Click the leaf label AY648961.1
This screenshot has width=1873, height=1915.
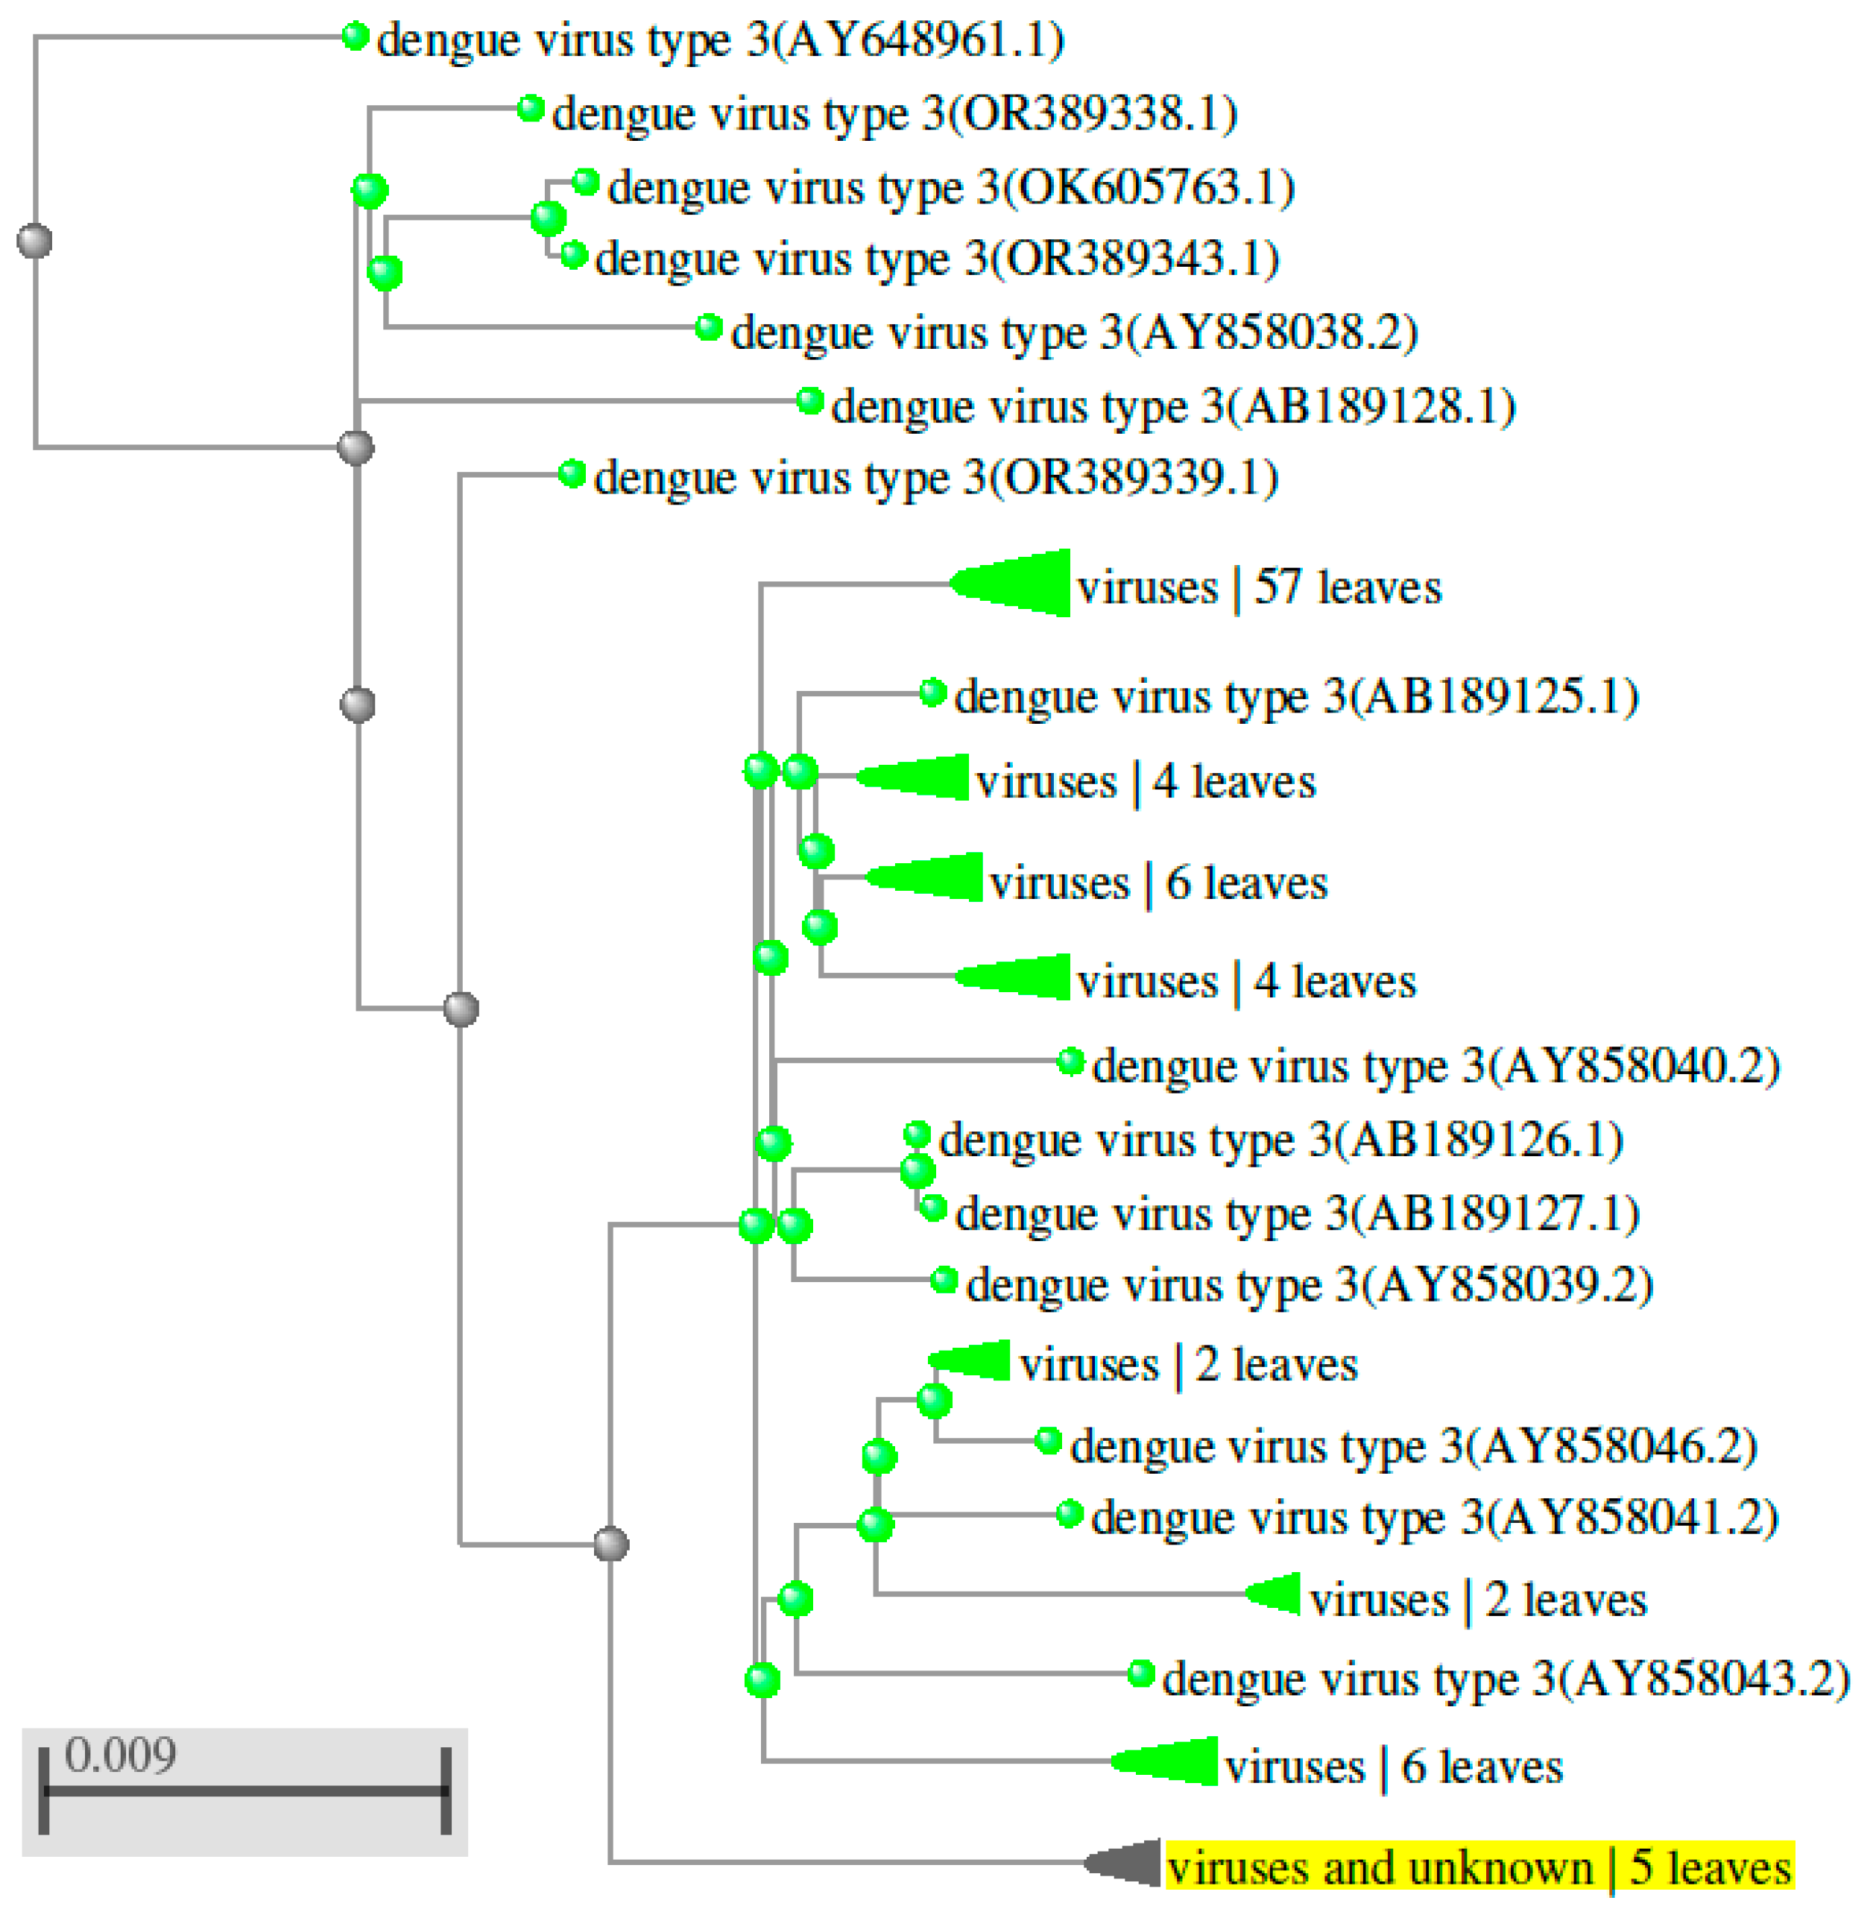click(720, 40)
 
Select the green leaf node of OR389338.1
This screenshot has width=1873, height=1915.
click(530, 107)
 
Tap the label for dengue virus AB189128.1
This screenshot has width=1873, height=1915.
click(1172, 406)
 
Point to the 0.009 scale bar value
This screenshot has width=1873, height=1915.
click(120, 1755)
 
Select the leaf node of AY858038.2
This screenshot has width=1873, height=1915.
click(708, 326)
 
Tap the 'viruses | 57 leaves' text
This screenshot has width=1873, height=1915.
click(1259, 587)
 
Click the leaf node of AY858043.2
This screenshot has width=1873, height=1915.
click(1140, 1673)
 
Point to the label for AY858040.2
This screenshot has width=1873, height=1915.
click(1436, 1066)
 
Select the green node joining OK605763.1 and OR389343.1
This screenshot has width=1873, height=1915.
click(548, 218)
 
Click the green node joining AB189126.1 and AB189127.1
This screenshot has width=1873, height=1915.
click(917, 1170)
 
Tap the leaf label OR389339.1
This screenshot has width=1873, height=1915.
click(935, 479)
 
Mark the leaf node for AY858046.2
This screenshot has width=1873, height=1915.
click(1049, 1442)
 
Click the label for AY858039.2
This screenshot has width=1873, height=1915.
click(1310, 1284)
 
